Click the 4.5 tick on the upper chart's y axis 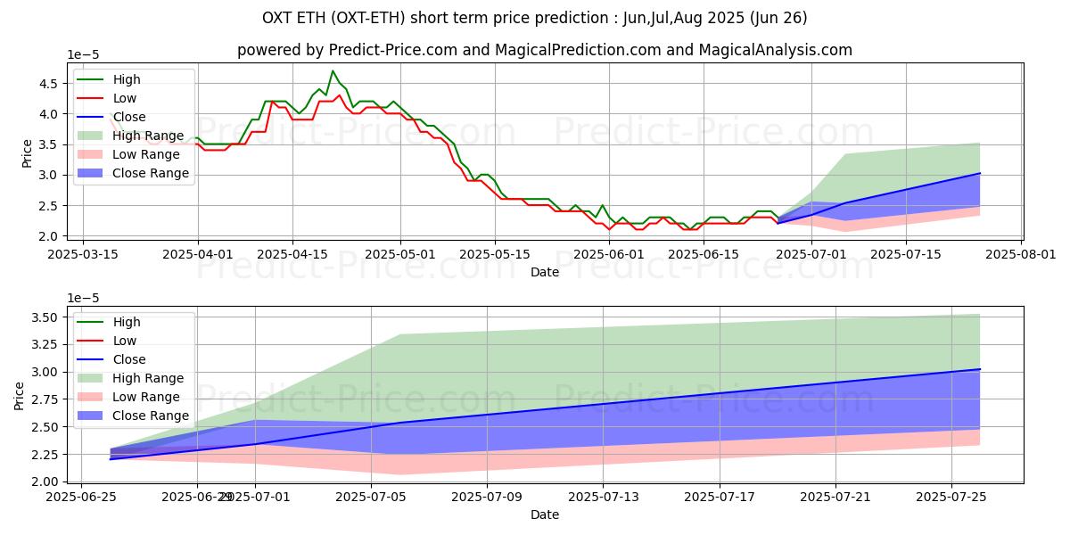pyautogui.click(x=50, y=84)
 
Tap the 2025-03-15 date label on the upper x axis pyautogui.click(x=83, y=254)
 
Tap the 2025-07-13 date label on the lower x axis pyautogui.click(x=603, y=497)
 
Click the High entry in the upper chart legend pyautogui.click(x=126, y=79)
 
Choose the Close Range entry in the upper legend pyautogui.click(x=150, y=173)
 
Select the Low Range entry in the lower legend pyautogui.click(x=146, y=397)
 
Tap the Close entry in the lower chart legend pyautogui.click(x=128, y=359)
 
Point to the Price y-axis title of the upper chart pyautogui.click(x=27, y=152)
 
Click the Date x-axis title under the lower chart pyautogui.click(x=545, y=514)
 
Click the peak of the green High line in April pyautogui.click(x=333, y=70)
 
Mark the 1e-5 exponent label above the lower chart pyautogui.click(x=86, y=298)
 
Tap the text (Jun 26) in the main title pyautogui.click(x=778, y=18)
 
